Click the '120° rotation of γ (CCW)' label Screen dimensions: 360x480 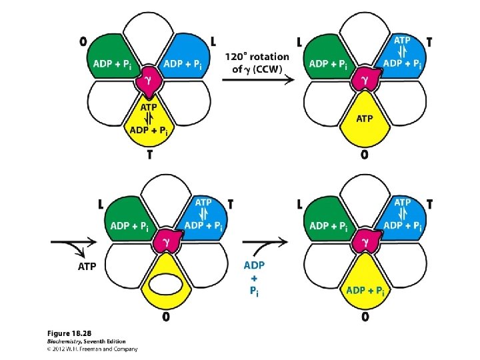coord(257,63)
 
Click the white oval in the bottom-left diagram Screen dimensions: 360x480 coord(165,284)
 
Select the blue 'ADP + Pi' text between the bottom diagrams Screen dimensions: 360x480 coord(256,279)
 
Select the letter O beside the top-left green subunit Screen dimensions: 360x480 coord(83,41)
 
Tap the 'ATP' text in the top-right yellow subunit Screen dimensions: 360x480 coord(365,119)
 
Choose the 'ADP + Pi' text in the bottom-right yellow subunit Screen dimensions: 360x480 coord(365,291)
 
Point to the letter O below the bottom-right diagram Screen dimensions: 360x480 coord(365,317)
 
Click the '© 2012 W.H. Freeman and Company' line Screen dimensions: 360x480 coord(93,349)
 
